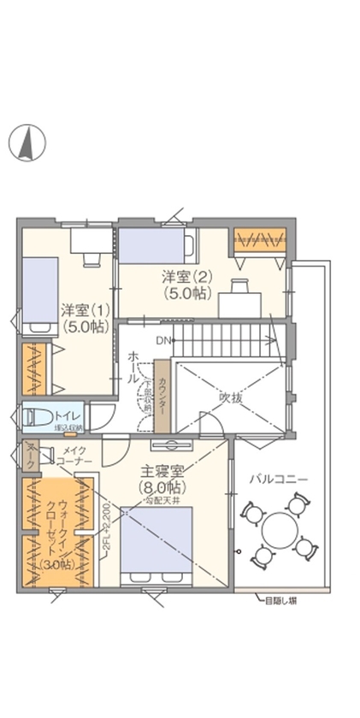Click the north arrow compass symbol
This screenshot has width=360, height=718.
(27, 142)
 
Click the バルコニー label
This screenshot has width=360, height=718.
(278, 479)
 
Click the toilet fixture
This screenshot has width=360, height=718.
(38, 417)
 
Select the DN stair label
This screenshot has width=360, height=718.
(162, 341)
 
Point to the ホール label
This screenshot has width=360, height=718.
(134, 366)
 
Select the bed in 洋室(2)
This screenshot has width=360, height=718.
(154, 244)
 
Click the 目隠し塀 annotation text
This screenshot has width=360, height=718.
(282, 599)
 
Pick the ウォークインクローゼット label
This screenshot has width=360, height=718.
(50, 532)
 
